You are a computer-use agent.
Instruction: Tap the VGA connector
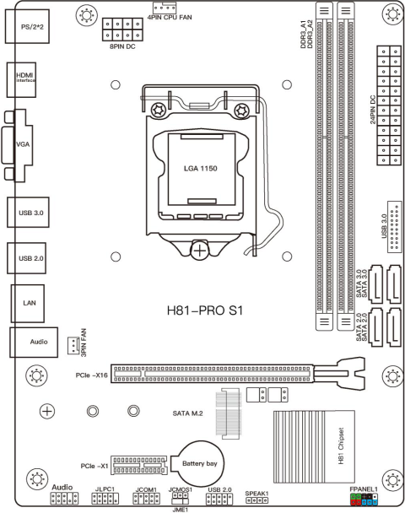point(24,144)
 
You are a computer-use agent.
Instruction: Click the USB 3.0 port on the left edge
point(27,212)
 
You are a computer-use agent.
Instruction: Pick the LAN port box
point(27,300)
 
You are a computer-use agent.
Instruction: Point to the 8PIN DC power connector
point(119,30)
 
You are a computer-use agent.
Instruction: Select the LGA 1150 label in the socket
point(201,169)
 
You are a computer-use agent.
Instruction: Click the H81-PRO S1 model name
point(206,311)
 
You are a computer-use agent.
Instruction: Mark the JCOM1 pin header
point(146,499)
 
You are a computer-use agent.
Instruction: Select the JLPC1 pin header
point(104,499)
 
